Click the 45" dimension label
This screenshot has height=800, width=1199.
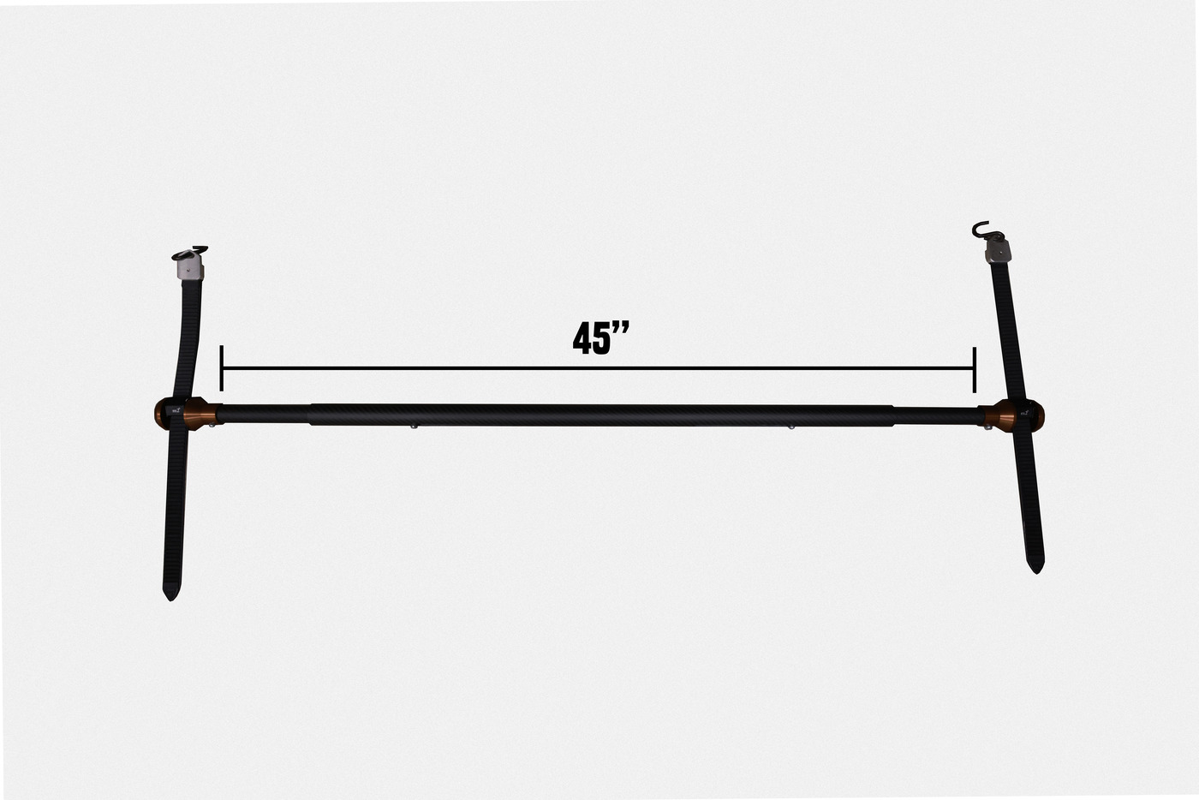coord(600,337)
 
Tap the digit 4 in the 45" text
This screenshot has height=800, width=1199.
coord(582,338)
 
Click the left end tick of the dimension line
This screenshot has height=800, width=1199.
coord(221,368)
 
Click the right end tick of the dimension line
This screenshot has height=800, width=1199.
coord(975,369)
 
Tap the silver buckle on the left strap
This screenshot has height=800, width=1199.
coord(189,266)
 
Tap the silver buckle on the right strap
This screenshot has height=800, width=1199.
coord(999,251)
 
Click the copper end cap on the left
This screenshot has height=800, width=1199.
coord(188,414)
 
